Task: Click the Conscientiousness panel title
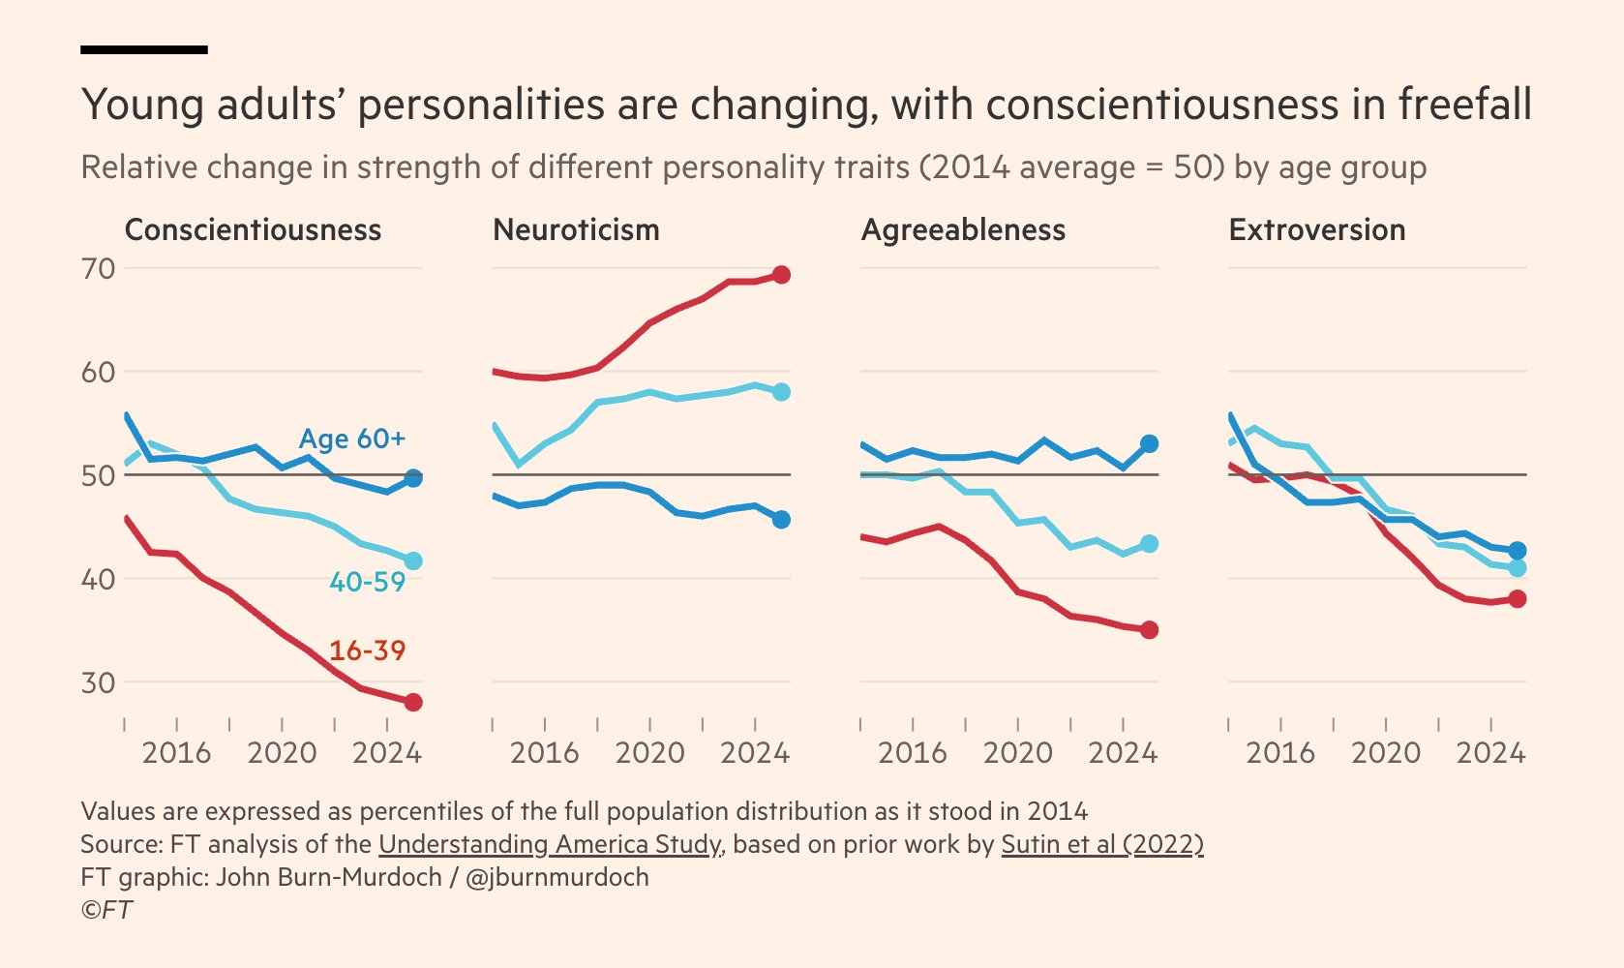253,230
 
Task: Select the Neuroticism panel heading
576,230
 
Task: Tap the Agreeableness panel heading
963,230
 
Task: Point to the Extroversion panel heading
1316,230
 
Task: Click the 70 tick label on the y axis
98,269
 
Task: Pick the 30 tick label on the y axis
98,683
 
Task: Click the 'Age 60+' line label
351,439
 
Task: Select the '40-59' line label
367,582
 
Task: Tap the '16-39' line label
367,650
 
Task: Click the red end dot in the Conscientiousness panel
413,702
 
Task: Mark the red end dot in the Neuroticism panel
781,275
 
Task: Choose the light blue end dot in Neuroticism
781,392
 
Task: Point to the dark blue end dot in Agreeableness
1149,443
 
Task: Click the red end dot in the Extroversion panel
1518,599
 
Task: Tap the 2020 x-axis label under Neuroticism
649,753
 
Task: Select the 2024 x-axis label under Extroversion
1490,753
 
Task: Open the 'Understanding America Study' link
550,844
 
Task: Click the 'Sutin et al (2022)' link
1101,844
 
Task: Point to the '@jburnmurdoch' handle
556,878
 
